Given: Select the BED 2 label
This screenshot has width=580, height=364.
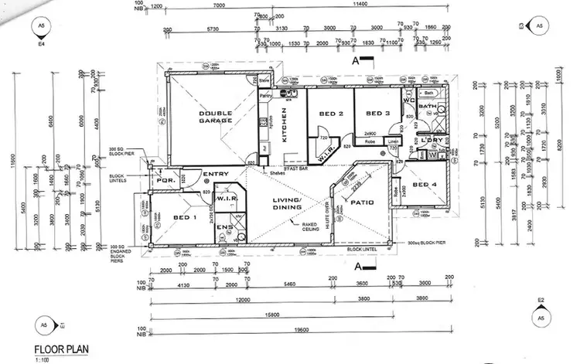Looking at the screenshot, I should pos(330,114).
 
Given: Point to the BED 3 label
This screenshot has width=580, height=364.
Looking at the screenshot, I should pos(377,114).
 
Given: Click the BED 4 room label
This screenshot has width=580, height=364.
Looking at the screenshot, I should pos(425,185).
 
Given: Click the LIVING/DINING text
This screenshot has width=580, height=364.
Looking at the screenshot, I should pos(286,204).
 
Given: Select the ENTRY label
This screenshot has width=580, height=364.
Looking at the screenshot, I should pos(214,174).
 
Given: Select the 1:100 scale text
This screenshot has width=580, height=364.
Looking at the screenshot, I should pos(39,359).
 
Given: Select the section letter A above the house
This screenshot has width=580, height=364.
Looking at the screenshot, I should pos(354,58).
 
